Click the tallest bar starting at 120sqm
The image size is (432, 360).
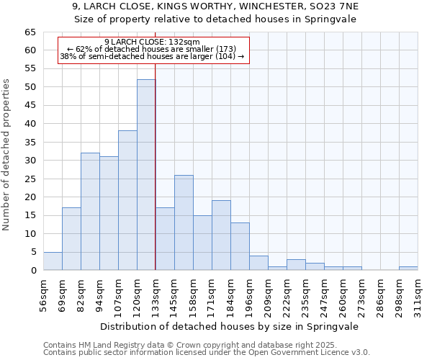[x=146, y=175]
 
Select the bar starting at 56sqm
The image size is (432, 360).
[x=53, y=261]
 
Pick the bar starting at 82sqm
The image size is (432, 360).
[x=90, y=212]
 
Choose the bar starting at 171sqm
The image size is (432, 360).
[x=221, y=235]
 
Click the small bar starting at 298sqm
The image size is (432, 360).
[x=408, y=268]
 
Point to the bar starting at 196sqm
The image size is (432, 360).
[x=258, y=263]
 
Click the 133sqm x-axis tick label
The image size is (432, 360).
[x=156, y=294]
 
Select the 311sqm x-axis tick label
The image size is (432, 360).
[x=418, y=294]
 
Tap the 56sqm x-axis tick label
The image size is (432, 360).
[x=43, y=294]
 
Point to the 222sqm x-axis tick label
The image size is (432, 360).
[x=287, y=294]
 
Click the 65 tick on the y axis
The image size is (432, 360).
[x=30, y=32]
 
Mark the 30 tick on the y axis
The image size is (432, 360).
[x=30, y=161]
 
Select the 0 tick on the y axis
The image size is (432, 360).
[x=33, y=271]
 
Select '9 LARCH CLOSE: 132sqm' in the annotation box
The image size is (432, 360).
[x=152, y=42]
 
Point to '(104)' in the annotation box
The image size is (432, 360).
[x=225, y=56]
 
